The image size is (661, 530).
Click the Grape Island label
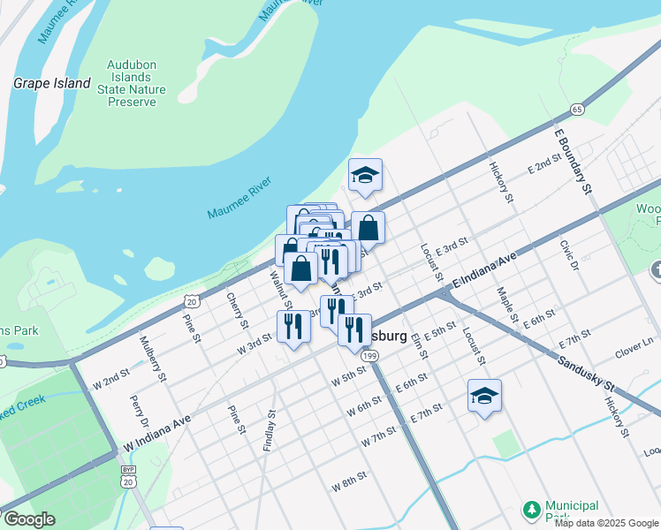point(51,84)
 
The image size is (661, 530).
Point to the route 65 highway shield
point(576,110)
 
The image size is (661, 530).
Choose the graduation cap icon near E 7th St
point(484,396)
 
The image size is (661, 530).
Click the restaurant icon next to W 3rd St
point(293,326)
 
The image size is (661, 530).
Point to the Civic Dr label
point(567,254)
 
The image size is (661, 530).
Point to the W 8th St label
point(349,483)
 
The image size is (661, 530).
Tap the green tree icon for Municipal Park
point(531,510)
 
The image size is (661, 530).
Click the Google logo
point(29,519)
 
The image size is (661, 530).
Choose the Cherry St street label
point(236,311)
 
